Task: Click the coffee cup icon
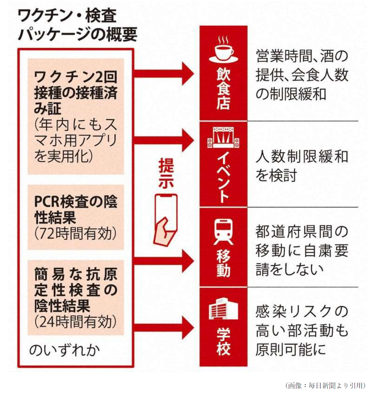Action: click(x=223, y=50)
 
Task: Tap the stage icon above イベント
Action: click(x=223, y=137)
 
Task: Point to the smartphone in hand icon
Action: click(x=166, y=219)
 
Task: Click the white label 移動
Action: click(x=223, y=263)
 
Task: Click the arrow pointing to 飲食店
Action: click(x=164, y=73)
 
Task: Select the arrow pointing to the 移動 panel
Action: click(x=164, y=261)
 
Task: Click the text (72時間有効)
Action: click(x=75, y=234)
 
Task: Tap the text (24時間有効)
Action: click(x=75, y=322)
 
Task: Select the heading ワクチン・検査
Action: click(x=67, y=16)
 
